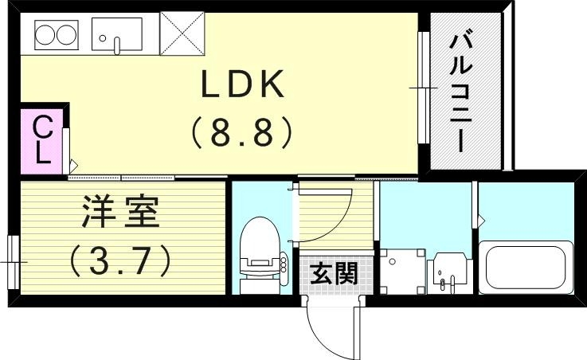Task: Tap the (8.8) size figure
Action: point(242,132)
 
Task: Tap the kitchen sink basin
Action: point(117,35)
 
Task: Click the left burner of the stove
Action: point(43,35)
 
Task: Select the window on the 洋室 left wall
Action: point(12,260)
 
